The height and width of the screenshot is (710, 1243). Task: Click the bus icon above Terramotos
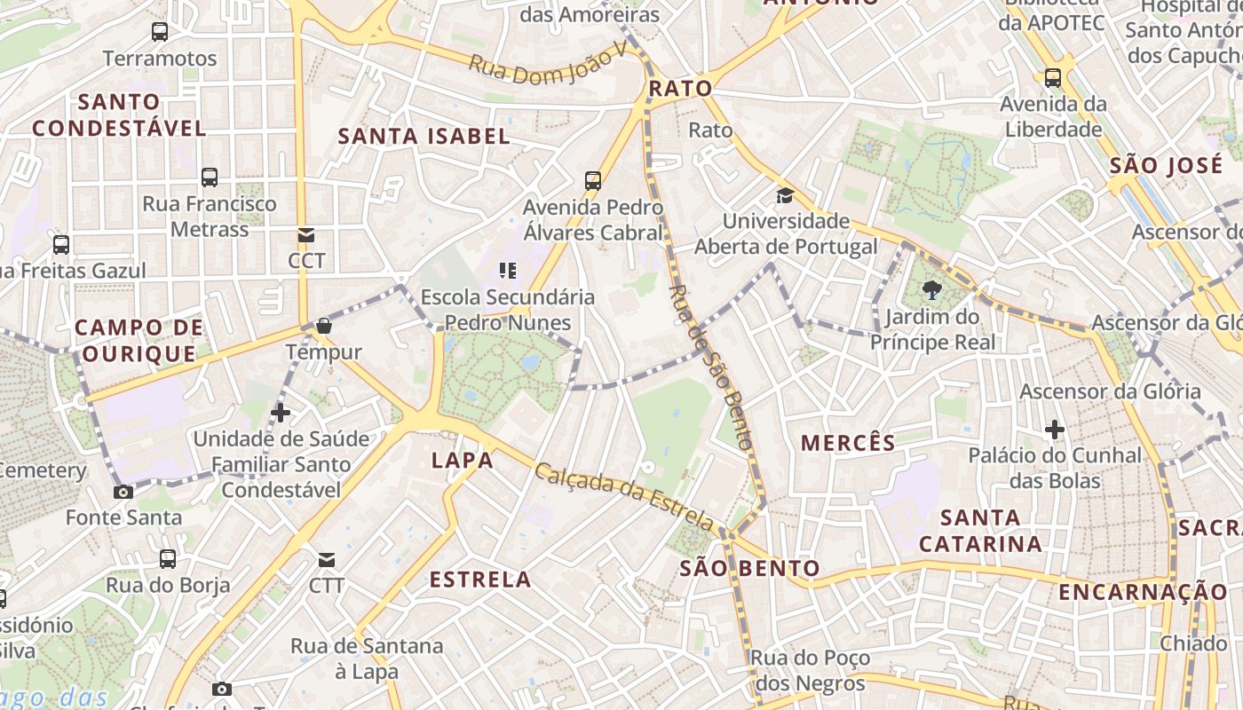(160, 32)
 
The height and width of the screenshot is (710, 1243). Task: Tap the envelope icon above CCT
(306, 235)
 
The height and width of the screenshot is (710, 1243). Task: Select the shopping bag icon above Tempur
(323, 326)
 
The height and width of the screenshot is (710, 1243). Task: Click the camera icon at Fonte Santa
(123, 492)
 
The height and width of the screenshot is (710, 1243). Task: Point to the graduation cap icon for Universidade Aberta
(785, 195)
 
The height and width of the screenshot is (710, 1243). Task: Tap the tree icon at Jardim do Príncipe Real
(931, 289)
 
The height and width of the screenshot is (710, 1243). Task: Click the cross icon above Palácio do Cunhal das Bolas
(1055, 430)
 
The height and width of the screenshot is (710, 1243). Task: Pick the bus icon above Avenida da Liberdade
(1053, 77)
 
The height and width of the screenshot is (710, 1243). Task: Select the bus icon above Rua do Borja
(168, 559)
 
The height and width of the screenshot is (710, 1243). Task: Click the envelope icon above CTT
(327, 560)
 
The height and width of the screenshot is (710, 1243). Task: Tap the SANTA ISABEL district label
(424, 136)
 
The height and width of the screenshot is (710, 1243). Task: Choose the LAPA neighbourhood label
(462, 460)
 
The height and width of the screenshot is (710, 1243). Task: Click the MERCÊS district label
(848, 443)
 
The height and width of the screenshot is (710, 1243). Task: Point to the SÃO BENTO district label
(750, 568)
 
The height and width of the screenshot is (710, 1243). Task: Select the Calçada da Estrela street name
(623, 495)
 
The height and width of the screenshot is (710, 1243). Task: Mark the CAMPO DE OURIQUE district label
(139, 340)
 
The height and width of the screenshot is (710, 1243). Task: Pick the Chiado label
(1193, 643)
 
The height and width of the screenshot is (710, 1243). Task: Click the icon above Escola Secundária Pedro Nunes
(508, 270)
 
